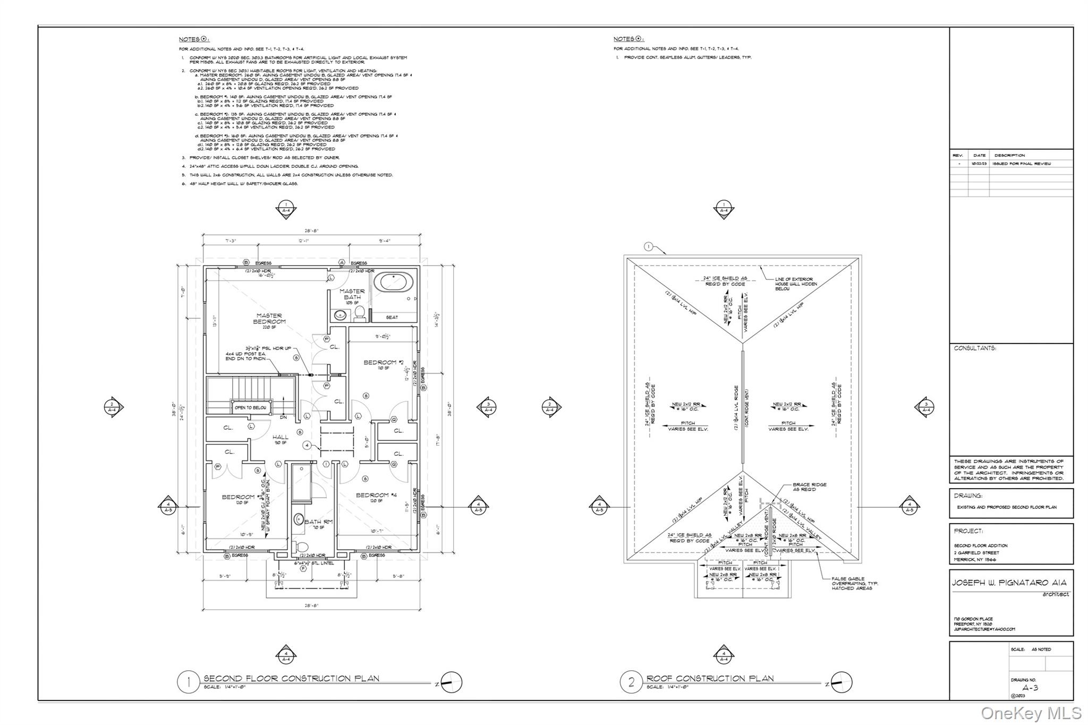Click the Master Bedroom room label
click(x=269, y=319)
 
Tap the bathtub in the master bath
click(x=393, y=282)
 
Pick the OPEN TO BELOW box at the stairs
click(x=251, y=407)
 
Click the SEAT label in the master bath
click(x=392, y=317)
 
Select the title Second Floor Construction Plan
click(x=291, y=678)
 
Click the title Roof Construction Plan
click(x=710, y=678)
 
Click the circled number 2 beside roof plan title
click(x=631, y=682)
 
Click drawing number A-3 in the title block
click(x=1030, y=688)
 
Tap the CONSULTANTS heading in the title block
click(x=975, y=348)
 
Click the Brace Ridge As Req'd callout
click(x=809, y=487)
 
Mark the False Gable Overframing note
click(x=855, y=583)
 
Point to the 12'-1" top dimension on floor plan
click(x=303, y=241)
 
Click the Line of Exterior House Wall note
click(x=796, y=284)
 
